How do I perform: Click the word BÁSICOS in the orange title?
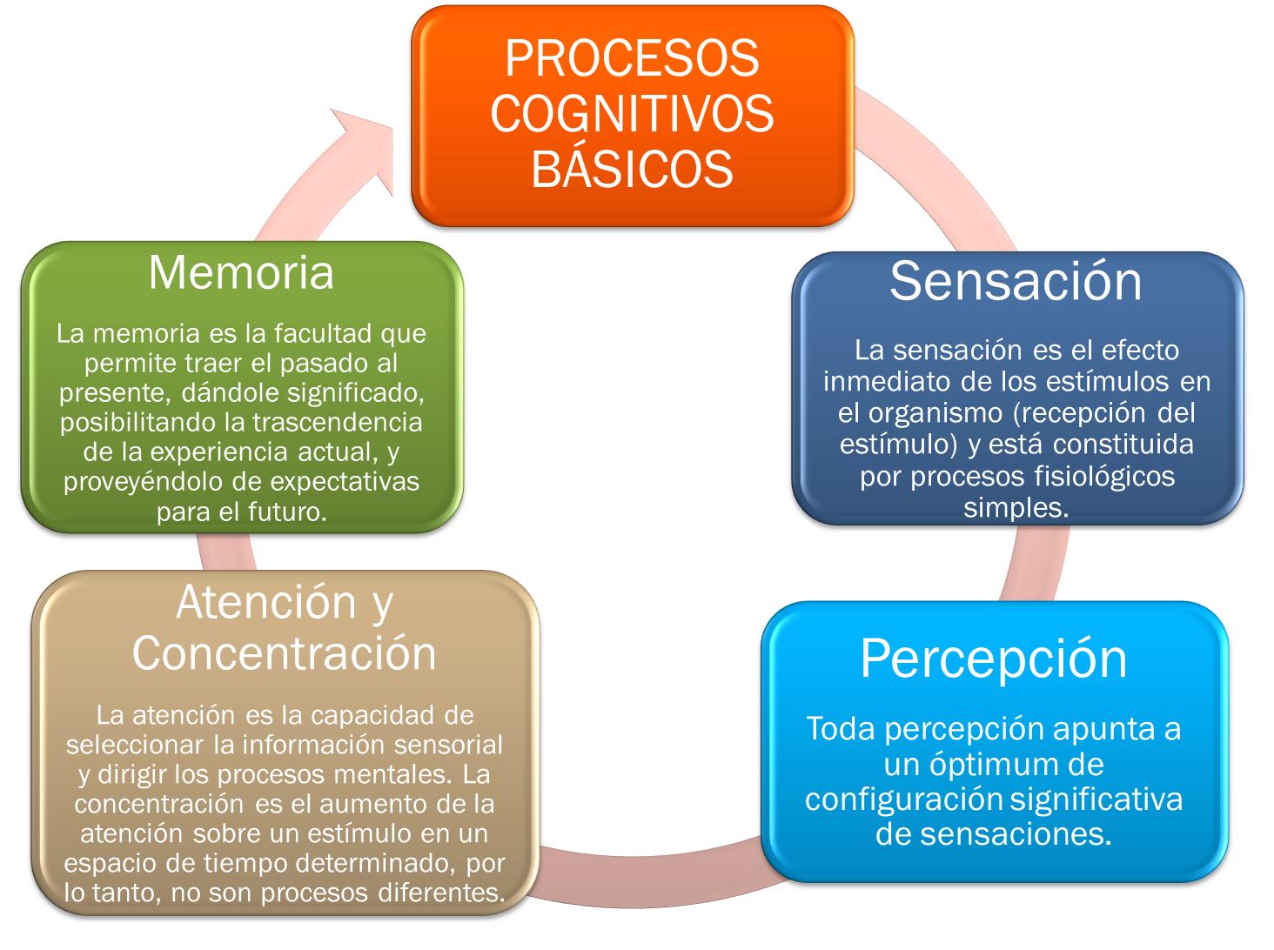click(x=632, y=169)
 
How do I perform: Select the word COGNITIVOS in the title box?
click(x=632, y=114)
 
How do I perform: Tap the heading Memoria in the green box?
click(x=241, y=272)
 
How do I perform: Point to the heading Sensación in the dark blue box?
click(x=1016, y=282)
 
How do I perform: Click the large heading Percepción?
click(x=994, y=659)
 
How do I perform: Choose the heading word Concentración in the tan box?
click(x=284, y=654)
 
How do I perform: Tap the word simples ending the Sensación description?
click(x=1015, y=507)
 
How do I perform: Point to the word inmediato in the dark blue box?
click(x=881, y=381)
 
